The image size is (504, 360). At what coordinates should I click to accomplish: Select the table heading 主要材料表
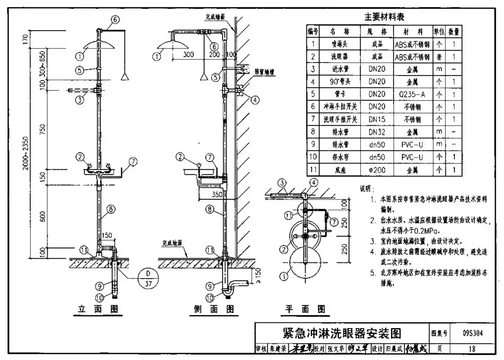(384, 17)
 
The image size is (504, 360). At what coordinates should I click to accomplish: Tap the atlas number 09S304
(472, 333)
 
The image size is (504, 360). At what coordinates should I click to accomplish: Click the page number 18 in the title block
(472, 349)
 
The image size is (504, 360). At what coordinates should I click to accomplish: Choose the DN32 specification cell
(377, 132)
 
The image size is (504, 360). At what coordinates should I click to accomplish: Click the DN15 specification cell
(377, 120)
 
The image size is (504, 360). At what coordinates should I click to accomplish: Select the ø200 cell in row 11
(377, 170)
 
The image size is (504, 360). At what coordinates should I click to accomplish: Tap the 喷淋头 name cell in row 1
(340, 44)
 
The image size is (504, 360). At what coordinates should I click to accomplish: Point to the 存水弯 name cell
(340, 157)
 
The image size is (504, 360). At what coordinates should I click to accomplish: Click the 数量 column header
(454, 31)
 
